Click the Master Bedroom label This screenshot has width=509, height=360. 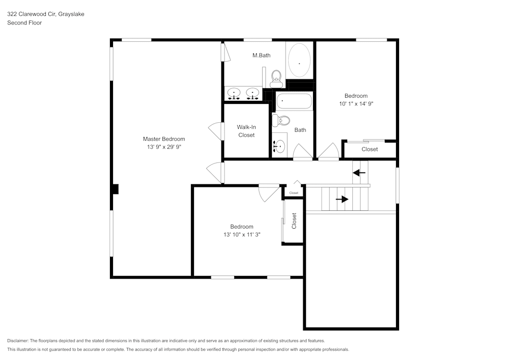[x=163, y=139]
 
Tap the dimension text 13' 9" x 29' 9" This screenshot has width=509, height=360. [x=163, y=147]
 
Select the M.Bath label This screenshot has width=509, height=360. [x=261, y=55]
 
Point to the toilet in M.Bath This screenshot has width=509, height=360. [x=276, y=77]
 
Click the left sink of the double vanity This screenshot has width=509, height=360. [x=234, y=93]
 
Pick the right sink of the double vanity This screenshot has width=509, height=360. [x=252, y=93]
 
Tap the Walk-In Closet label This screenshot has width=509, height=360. [x=246, y=131]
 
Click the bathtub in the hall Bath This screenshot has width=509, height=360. [x=294, y=101]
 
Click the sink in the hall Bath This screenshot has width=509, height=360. [x=279, y=146]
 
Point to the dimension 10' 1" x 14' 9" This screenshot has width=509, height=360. [x=356, y=104]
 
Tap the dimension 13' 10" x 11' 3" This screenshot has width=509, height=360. [x=241, y=235]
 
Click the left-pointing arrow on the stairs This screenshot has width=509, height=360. [x=359, y=173]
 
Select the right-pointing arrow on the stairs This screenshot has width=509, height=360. [x=342, y=199]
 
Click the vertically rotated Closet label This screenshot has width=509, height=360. [x=294, y=220]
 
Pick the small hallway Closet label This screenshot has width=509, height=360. [x=294, y=193]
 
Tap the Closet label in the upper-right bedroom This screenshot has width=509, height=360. [x=370, y=149]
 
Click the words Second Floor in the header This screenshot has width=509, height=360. [x=24, y=23]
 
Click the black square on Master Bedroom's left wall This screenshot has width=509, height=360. [x=115, y=189]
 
